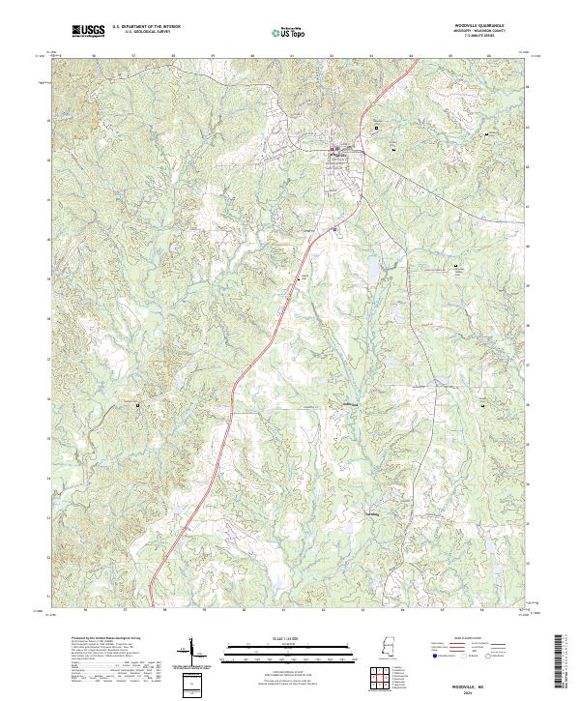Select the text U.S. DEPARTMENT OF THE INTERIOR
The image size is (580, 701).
tap(146, 27)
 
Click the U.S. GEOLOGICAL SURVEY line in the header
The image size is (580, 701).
tap(146, 33)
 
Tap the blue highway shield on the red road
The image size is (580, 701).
tap(334, 229)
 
